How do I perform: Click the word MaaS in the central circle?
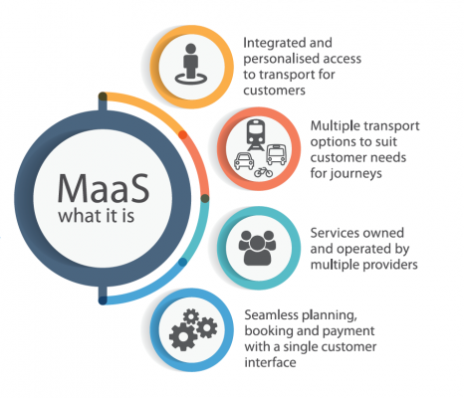104,188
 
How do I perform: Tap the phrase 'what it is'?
97,216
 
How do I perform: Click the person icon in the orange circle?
191,64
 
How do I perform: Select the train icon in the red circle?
256,135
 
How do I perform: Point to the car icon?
244,161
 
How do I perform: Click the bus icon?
277,154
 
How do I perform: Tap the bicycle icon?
263,172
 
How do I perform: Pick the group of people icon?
257,248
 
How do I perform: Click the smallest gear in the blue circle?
191,316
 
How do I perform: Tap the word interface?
270,362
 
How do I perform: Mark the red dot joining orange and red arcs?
183,134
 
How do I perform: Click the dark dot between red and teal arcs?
205,198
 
